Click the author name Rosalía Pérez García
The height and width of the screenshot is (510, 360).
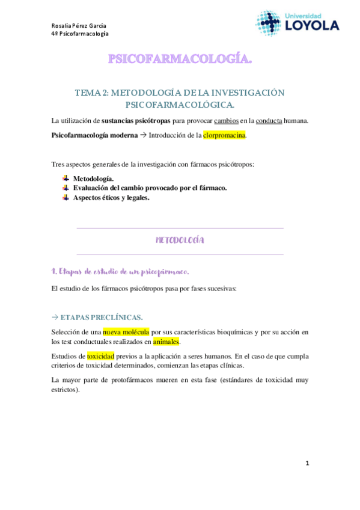[x=79, y=25]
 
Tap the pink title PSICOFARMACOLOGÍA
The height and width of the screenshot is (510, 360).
[x=180, y=59]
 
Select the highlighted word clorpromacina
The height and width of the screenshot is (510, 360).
[x=225, y=135]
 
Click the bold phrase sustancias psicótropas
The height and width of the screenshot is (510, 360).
[x=136, y=121]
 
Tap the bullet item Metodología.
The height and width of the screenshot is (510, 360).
[x=93, y=179]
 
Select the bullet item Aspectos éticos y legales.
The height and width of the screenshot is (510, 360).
[x=111, y=197]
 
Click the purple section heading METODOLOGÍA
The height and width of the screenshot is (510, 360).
[x=180, y=240]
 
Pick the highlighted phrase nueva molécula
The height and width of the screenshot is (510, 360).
[x=126, y=331]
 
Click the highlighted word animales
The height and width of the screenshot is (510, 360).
[x=166, y=342]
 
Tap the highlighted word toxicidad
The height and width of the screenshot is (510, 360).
[x=100, y=356]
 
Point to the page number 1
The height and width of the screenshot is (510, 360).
[x=307, y=463]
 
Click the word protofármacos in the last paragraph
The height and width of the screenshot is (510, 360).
[x=132, y=380]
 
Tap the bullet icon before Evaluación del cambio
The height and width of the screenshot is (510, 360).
[x=66, y=188]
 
